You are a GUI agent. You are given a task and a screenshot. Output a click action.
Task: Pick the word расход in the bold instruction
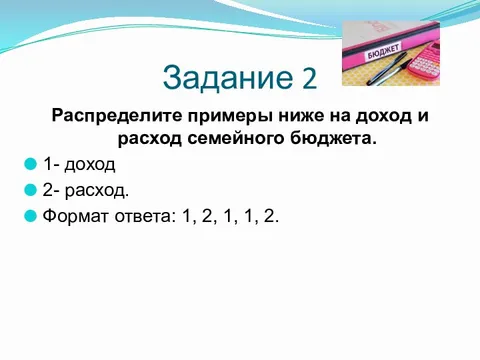tap(152, 137)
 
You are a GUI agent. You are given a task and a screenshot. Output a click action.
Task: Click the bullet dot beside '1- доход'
tap(31, 163)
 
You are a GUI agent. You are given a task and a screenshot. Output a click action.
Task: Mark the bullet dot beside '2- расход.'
tap(31, 188)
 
